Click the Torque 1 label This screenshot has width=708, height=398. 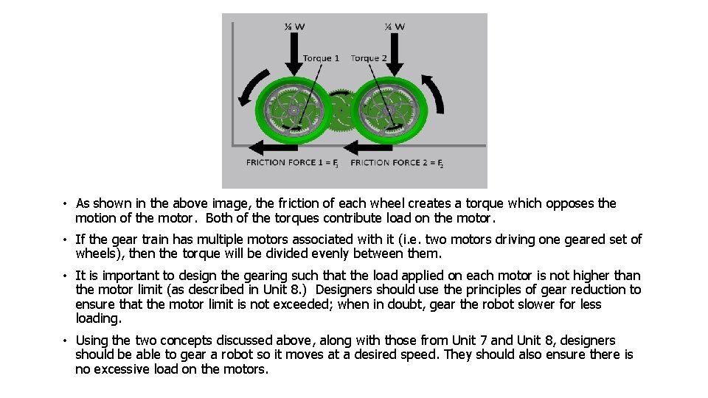click(x=321, y=58)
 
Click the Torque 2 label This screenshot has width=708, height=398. click(x=369, y=58)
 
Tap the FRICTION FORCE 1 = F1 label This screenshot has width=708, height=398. click(x=292, y=163)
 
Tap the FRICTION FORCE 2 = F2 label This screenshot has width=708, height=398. click(x=397, y=163)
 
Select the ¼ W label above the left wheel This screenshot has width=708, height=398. click(x=295, y=27)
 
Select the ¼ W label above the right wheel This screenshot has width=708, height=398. click(x=395, y=27)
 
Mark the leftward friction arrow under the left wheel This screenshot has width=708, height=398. click(x=269, y=144)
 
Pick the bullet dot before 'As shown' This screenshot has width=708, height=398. click(x=66, y=204)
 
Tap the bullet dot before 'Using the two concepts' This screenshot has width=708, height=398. click(x=66, y=341)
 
